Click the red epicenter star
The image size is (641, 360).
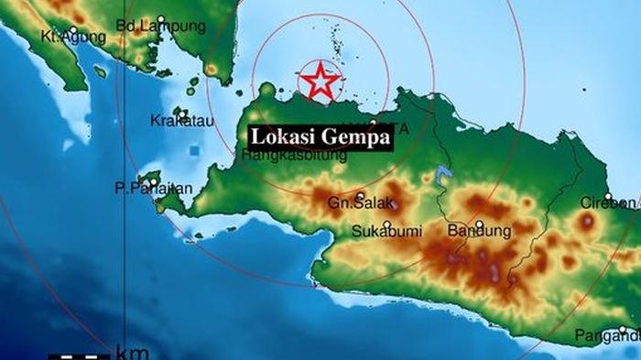tap(320, 81)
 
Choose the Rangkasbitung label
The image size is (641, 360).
tap(294, 156)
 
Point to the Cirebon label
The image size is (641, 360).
tap(608, 202)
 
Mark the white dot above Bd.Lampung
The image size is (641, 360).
tap(161, 19)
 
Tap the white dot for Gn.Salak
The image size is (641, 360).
tap(361, 195)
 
